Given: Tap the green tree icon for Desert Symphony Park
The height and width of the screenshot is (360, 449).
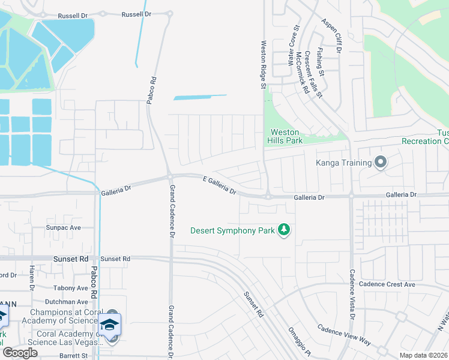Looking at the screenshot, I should click(x=284, y=230).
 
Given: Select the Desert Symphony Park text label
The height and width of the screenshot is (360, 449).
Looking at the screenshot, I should click(x=232, y=230).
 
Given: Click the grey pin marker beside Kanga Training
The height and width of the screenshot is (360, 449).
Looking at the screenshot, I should click(x=379, y=163).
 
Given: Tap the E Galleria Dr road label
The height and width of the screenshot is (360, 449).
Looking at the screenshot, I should click(x=220, y=185).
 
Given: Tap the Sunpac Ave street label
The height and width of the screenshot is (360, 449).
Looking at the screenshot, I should click(x=64, y=228).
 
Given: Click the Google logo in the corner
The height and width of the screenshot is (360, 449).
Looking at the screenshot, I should click(x=19, y=353).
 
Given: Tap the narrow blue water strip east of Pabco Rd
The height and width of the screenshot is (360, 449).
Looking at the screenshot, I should click(x=200, y=97).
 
